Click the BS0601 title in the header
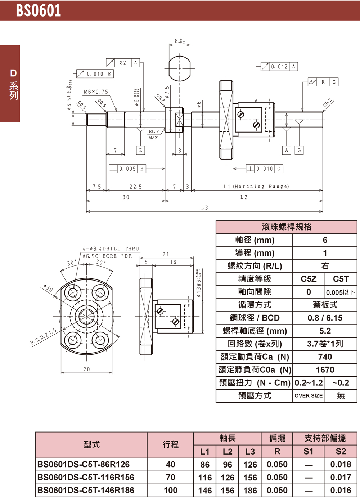click(x=39, y=10)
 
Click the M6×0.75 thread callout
click(x=96, y=92)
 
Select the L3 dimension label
click(x=204, y=208)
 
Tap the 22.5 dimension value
click(x=136, y=187)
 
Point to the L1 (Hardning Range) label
click(x=256, y=187)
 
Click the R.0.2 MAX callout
click(x=153, y=134)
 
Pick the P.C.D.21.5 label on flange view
click(x=43, y=337)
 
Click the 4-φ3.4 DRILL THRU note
click(x=111, y=249)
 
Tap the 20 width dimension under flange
click(x=87, y=369)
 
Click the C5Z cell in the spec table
click(x=309, y=279)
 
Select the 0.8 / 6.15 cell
click(x=325, y=318)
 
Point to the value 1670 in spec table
click(x=325, y=370)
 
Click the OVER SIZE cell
click(x=309, y=396)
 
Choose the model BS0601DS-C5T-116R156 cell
click(x=86, y=478)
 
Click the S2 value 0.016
click(x=341, y=491)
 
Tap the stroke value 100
click(x=170, y=491)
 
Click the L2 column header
click(x=227, y=452)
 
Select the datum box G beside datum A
click(x=299, y=150)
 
